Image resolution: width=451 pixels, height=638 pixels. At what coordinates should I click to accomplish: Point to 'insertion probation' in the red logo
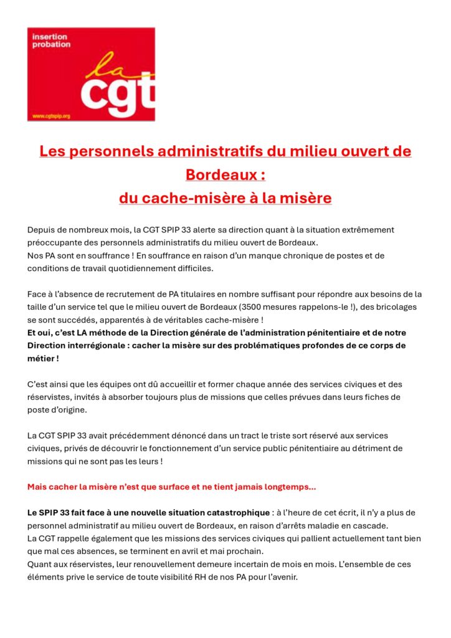(52, 41)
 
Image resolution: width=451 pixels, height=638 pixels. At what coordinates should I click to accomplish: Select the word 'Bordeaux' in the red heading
(217, 174)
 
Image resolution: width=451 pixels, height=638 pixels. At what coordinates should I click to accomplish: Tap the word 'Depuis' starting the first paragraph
(41, 230)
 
